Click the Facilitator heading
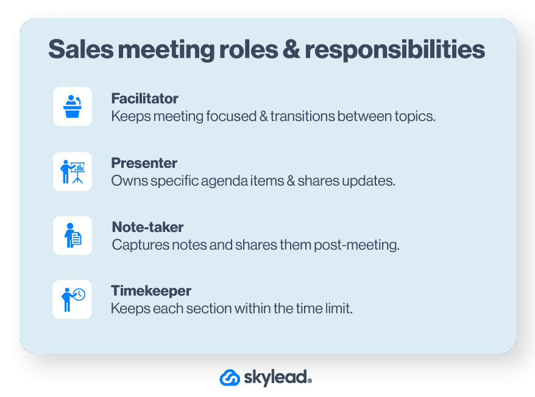(144, 99)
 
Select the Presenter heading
(144, 163)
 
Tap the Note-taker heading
(147, 227)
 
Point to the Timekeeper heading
(151, 291)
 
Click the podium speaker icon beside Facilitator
(73, 107)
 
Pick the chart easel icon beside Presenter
(73, 172)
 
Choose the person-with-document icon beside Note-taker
(73, 235)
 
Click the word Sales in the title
(81, 49)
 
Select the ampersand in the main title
(291, 49)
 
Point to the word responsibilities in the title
(395, 50)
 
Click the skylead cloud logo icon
(230, 378)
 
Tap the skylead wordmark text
(277, 378)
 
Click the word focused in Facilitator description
(231, 116)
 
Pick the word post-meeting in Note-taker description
(356, 245)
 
